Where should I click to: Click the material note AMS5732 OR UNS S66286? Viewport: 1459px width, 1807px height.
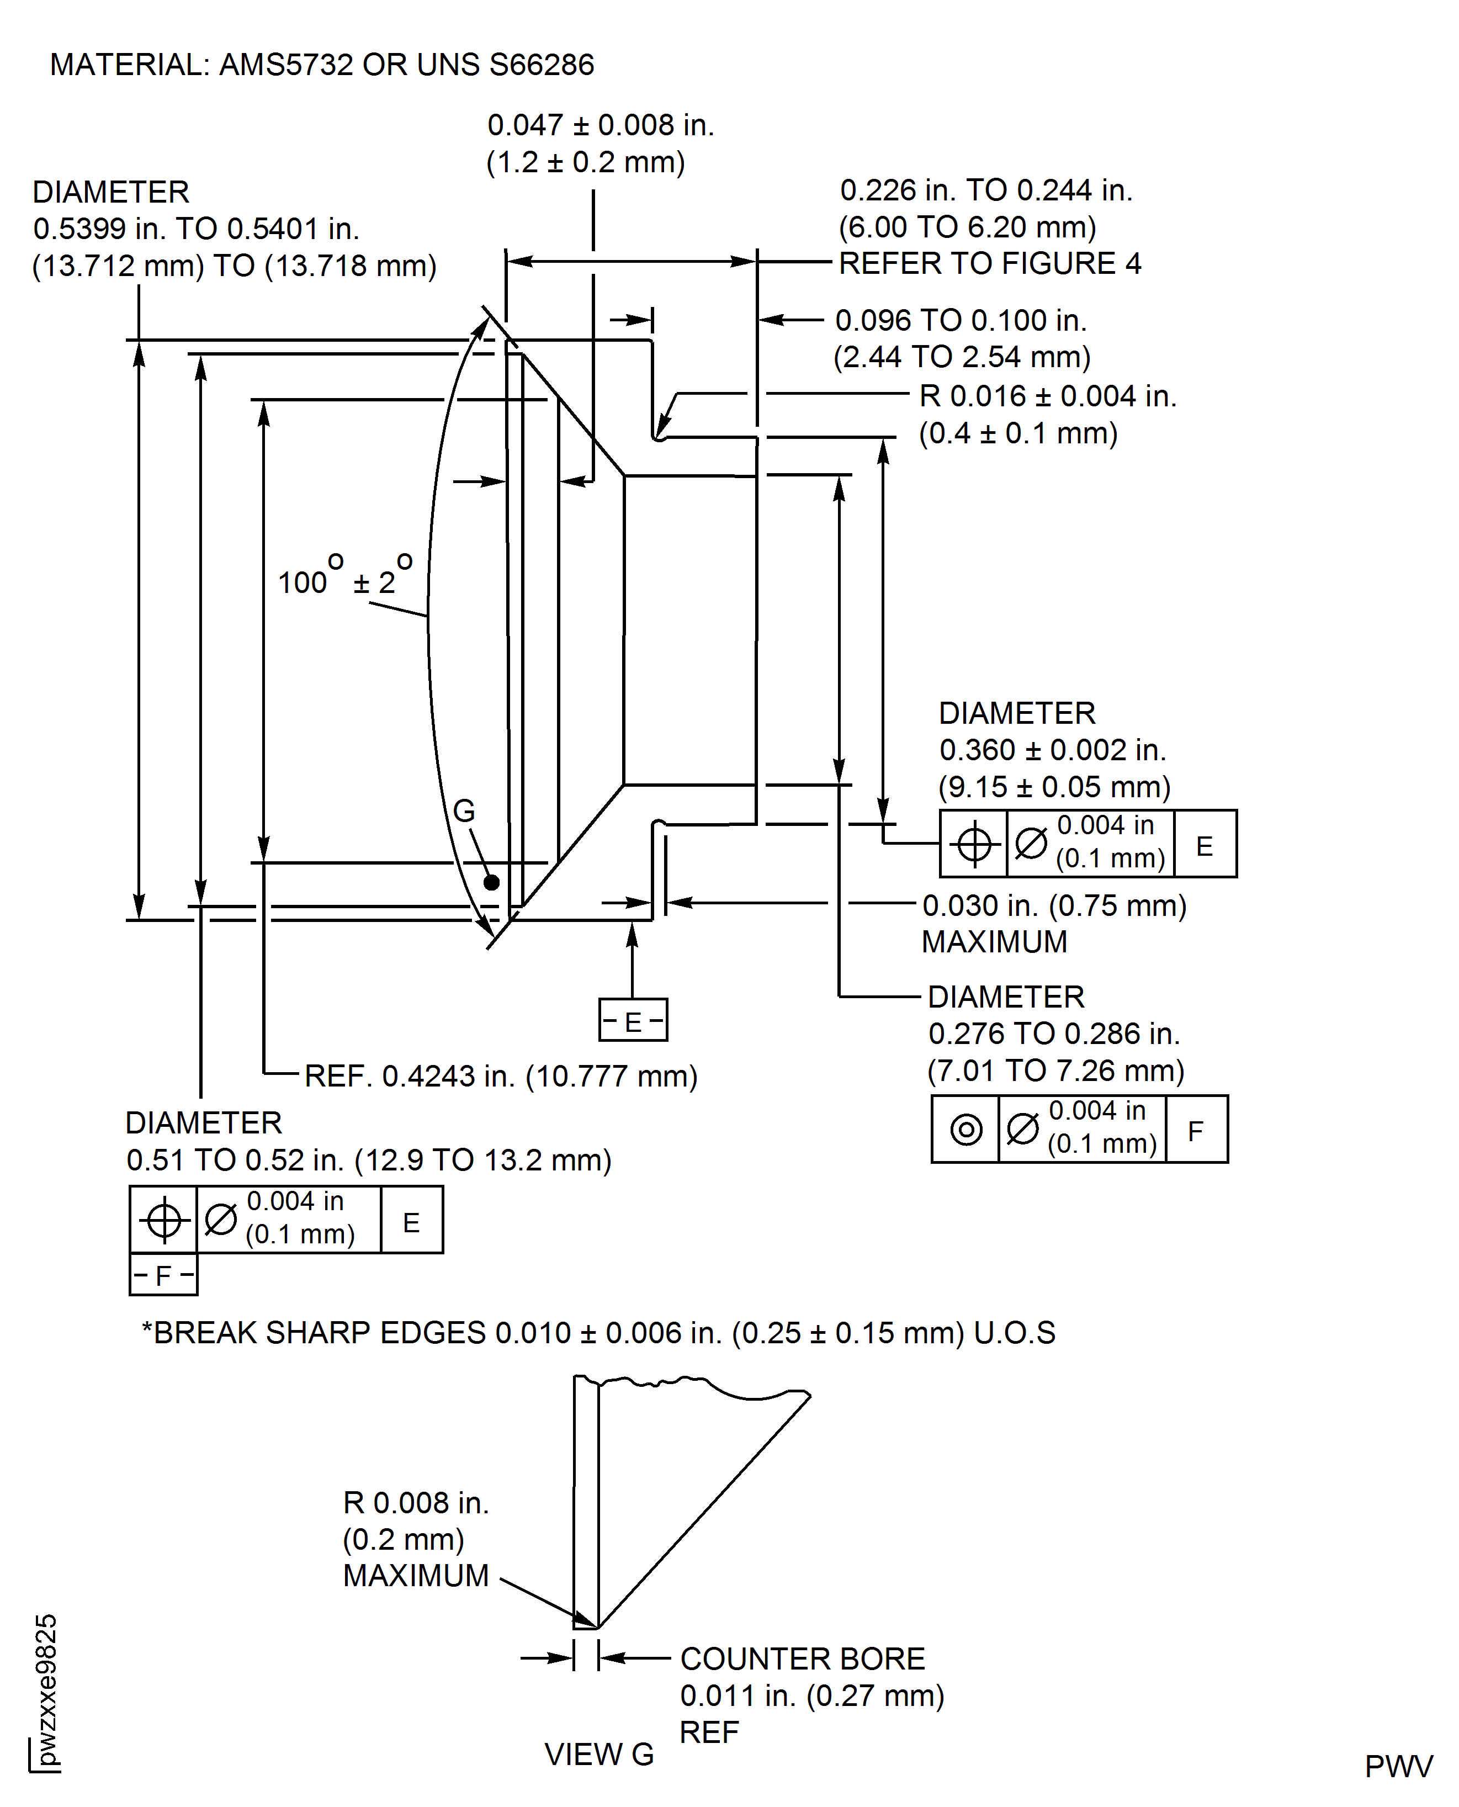[321, 65]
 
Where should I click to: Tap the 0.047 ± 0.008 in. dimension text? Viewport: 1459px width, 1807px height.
[600, 125]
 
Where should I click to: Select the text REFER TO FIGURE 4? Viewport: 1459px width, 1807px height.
[989, 264]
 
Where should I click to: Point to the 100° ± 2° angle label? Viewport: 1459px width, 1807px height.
[344, 580]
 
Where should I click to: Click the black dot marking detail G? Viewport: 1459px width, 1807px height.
[492, 882]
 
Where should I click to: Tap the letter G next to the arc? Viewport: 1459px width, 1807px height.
[464, 811]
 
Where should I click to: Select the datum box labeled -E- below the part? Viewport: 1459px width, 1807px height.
[633, 1020]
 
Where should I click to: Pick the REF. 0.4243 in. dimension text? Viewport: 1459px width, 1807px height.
[501, 1076]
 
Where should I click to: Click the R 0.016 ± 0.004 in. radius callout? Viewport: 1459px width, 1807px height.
[1047, 397]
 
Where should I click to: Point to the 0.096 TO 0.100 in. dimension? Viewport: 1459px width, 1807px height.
[961, 320]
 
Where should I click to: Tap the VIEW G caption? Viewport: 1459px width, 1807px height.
[598, 1755]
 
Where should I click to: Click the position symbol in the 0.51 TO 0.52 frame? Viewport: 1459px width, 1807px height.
[164, 1220]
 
